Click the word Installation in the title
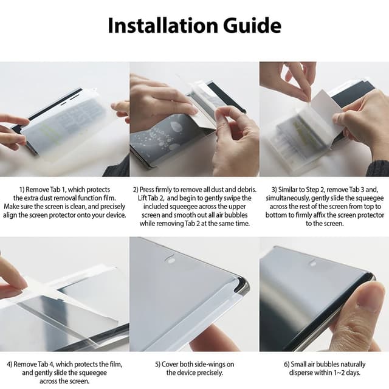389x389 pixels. (x=163, y=26)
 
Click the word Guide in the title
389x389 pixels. (x=252, y=26)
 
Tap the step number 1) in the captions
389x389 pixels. (x=22, y=190)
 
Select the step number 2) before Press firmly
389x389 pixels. (x=136, y=190)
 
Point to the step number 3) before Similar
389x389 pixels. (x=274, y=190)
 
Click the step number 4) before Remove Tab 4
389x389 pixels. (x=10, y=365)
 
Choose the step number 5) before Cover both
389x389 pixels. (x=158, y=365)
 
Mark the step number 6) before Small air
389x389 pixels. (x=287, y=365)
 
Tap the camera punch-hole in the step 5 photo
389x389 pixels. (x=170, y=260)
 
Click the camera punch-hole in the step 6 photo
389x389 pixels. (x=313, y=263)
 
